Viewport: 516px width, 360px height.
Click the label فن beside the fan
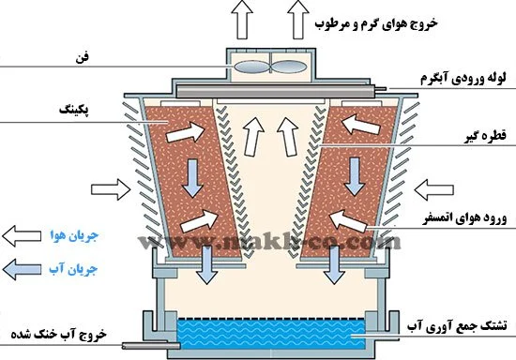tap(83, 58)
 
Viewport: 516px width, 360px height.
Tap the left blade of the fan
tap(251, 67)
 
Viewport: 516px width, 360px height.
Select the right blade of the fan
tap(290, 67)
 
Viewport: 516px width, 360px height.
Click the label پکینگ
tap(74, 110)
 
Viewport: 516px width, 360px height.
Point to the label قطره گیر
tap(485, 136)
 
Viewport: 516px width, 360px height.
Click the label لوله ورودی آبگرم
tap(463, 79)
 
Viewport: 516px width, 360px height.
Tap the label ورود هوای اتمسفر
tap(464, 218)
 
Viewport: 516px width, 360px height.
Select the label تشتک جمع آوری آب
tap(457, 326)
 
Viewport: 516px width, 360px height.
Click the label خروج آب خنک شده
tap(59, 334)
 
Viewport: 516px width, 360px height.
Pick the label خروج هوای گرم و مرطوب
tap(376, 24)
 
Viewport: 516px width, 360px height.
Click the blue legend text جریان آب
tap(74, 269)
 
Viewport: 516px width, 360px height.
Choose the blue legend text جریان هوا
tap(74, 235)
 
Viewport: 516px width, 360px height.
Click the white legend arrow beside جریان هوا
tap(22, 236)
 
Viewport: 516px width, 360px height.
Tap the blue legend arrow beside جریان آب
tap(22, 270)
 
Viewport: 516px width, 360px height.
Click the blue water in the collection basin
tap(271, 334)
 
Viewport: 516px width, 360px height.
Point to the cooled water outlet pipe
tap(151, 346)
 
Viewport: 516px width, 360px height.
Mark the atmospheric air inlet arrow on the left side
tap(111, 189)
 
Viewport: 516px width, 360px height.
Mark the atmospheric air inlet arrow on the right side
tap(433, 189)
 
